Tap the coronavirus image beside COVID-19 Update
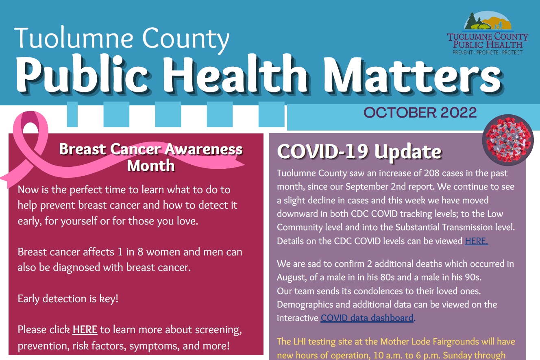(x=508, y=140)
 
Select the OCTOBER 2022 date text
(x=420, y=113)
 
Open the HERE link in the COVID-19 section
(x=476, y=241)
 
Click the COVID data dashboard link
(x=367, y=318)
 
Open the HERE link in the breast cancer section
(x=85, y=329)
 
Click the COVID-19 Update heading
(x=359, y=151)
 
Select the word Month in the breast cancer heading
(x=151, y=166)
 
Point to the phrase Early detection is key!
(x=68, y=299)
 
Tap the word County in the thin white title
(x=185, y=39)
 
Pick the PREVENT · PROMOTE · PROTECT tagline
(x=488, y=52)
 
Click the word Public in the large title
(x=82, y=75)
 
